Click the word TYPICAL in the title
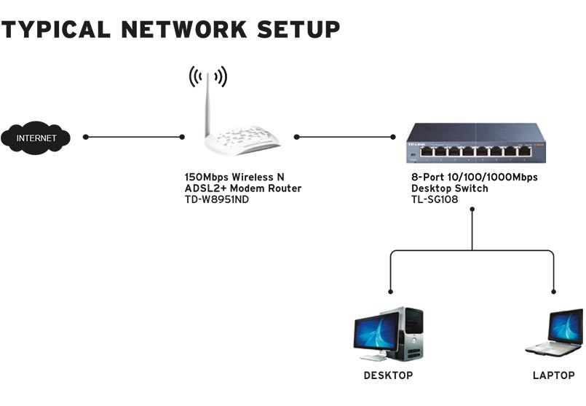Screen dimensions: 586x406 point(56,29)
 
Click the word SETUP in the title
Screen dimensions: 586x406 point(298,29)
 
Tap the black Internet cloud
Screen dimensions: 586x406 point(36,138)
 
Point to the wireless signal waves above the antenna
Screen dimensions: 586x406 point(208,76)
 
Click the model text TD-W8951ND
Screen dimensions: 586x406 point(217,199)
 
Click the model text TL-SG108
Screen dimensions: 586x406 point(435,199)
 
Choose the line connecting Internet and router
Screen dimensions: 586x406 point(134,137)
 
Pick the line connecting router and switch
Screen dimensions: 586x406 point(344,137)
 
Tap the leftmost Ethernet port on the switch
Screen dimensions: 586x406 point(427,151)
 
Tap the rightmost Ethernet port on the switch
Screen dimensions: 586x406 point(525,151)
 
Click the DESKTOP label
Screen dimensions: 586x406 point(388,375)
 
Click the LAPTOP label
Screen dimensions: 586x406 point(554,375)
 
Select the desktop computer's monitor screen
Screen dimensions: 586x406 point(376,331)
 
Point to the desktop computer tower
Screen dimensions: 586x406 point(411,333)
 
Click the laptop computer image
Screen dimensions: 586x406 point(554,333)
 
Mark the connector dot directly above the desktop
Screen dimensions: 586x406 point(390,292)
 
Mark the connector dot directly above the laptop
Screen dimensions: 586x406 point(553,292)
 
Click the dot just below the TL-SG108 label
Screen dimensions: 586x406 point(472,209)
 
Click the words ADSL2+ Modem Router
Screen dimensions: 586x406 point(243,188)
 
